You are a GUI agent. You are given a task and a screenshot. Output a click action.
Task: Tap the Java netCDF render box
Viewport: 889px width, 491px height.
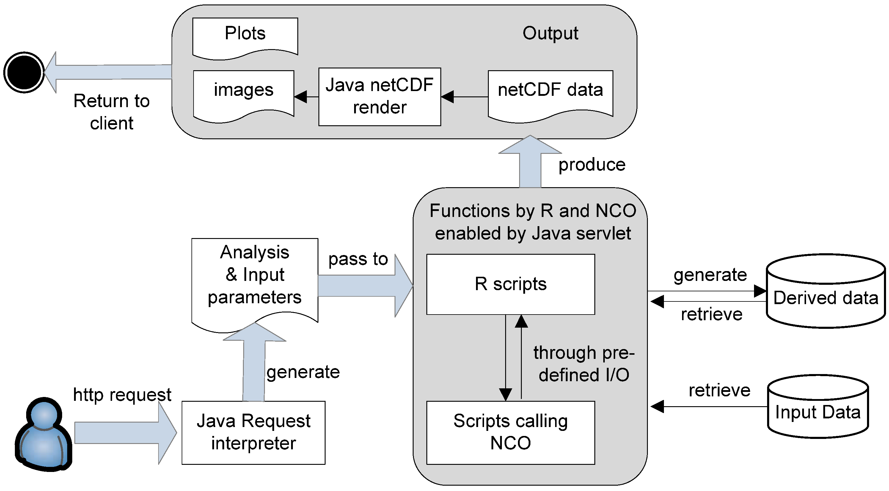tap(380, 97)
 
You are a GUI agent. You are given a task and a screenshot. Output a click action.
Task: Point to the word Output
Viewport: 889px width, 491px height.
tap(550, 34)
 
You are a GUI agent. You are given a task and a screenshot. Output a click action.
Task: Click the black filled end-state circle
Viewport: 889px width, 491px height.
tap(24, 73)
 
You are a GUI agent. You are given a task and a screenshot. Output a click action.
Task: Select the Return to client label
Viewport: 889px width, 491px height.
tap(111, 112)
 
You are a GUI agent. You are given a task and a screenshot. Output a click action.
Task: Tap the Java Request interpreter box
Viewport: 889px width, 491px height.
tap(253, 432)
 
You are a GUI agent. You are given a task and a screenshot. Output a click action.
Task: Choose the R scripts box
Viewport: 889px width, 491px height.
tap(511, 284)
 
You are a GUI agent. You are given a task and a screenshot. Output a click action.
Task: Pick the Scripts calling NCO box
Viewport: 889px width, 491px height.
tap(511, 432)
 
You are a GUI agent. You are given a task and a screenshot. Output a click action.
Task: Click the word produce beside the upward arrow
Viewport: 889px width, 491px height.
tap(592, 165)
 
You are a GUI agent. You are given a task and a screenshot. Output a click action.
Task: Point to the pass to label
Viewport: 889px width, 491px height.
tap(358, 259)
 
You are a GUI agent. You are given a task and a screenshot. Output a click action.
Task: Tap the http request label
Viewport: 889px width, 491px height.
tap(122, 394)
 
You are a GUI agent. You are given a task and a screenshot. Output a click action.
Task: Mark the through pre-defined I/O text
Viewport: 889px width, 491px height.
tap(584, 364)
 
